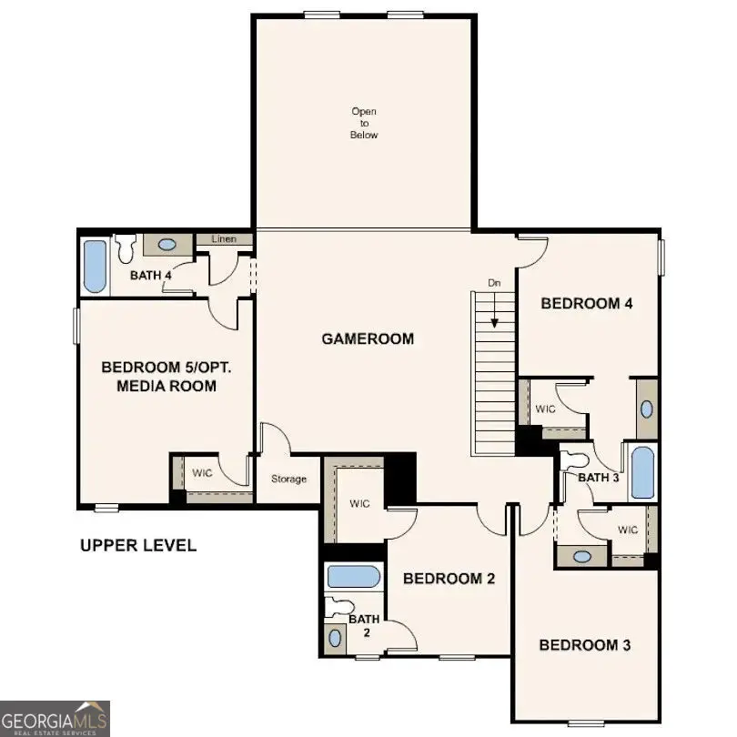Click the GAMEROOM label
point(368,339)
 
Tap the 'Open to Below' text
point(364,123)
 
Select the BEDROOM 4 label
point(586,304)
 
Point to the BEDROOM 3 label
point(585,645)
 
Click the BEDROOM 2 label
point(449,578)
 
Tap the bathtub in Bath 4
point(94,265)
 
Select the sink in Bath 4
point(167,244)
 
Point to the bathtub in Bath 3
point(642,471)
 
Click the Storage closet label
point(288,479)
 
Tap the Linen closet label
point(224,239)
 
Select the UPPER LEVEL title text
point(137,546)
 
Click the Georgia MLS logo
point(55,718)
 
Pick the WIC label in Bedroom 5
point(201,472)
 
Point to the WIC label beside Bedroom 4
point(546,409)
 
